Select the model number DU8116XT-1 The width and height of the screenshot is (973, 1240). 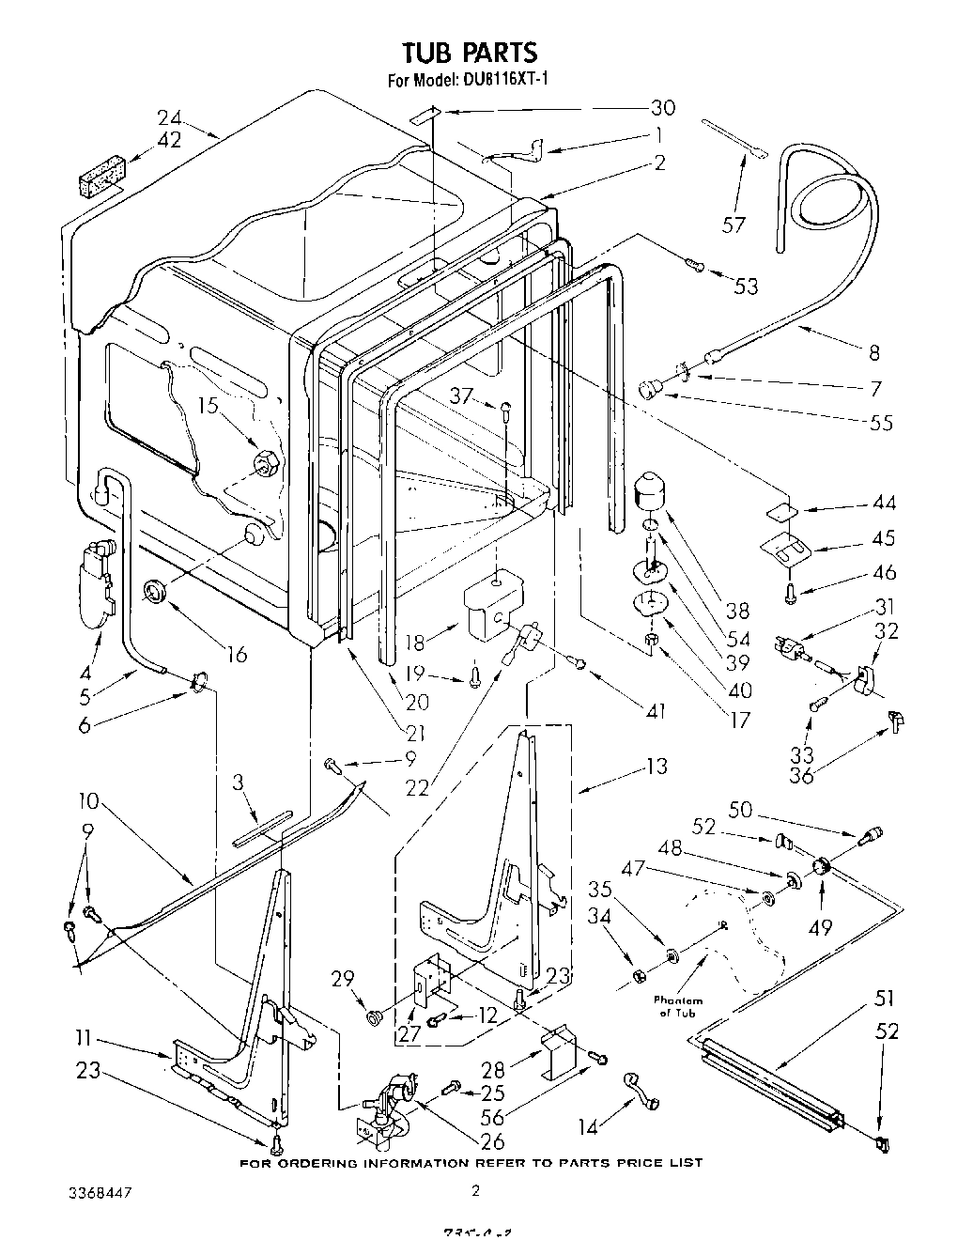click(505, 81)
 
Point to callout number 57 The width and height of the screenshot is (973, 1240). click(734, 225)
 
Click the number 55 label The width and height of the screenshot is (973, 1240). click(880, 423)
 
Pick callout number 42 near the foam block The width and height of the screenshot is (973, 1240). click(170, 141)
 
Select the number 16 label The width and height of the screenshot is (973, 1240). click(237, 654)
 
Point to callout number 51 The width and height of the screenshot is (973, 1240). click(884, 998)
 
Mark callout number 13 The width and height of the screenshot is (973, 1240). click(656, 767)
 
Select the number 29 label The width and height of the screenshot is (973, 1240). click(343, 979)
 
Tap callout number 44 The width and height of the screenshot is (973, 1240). click(884, 503)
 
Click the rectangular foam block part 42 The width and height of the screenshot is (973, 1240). click(101, 178)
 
